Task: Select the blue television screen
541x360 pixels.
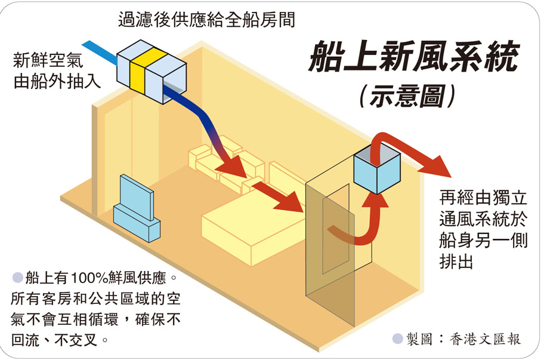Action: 135,196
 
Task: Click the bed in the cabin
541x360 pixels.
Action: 251,230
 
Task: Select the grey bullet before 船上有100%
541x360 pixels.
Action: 17,278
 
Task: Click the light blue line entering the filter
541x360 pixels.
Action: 99,52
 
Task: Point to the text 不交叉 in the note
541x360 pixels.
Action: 84,341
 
